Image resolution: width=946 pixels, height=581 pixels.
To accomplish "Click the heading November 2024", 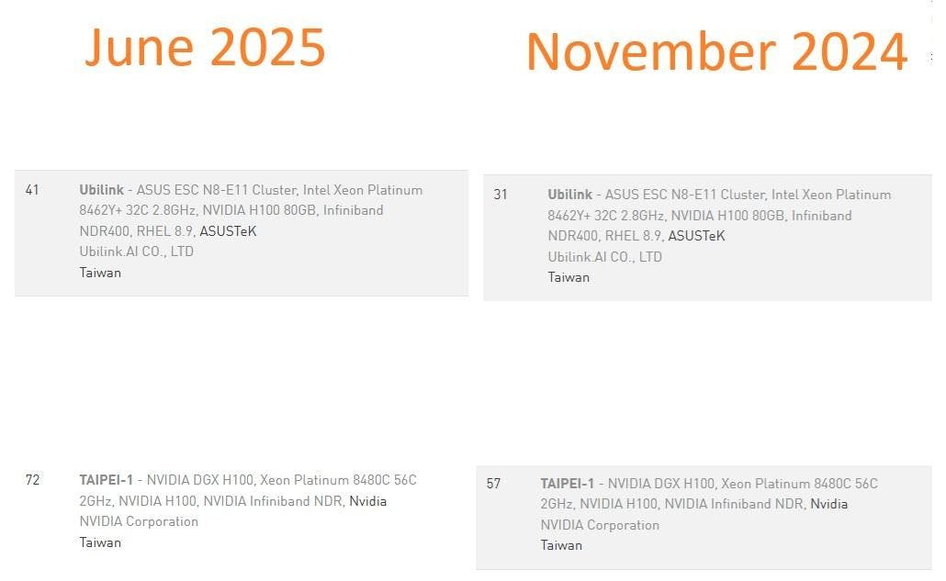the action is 716,51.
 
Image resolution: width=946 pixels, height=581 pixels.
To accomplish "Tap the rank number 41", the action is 32,190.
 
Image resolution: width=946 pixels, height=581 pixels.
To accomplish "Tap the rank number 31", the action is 501,195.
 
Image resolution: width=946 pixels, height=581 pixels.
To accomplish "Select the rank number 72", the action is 32,480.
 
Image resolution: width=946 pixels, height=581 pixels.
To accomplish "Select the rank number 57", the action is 493,484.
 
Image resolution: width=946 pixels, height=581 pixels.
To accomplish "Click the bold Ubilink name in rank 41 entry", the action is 101,190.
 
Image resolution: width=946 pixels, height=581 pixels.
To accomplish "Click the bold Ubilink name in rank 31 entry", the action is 569,195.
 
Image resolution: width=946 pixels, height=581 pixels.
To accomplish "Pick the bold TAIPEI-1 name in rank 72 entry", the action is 106,480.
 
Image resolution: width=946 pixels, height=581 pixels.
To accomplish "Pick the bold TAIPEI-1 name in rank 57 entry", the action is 567,484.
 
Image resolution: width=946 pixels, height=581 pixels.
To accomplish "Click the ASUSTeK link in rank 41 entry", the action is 228,230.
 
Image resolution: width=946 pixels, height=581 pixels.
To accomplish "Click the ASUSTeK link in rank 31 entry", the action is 696,236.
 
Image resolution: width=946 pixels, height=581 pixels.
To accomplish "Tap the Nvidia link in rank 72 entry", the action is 368,501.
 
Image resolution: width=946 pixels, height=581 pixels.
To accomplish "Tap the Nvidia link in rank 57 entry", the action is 829,504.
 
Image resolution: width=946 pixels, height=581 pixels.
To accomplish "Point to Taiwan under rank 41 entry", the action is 100,273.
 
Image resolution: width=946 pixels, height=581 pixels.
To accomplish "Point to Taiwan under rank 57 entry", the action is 561,545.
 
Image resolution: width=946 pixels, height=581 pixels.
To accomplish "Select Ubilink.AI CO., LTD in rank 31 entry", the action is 604,257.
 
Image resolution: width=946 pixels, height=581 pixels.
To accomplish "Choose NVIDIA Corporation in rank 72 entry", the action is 139,521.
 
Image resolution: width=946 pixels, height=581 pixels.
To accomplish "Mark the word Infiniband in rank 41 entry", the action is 353,210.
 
